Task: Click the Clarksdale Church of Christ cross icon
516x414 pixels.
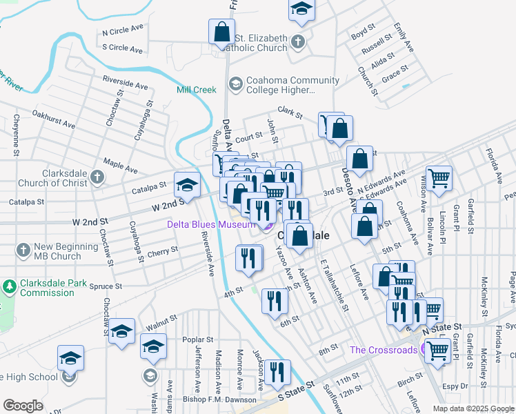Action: point(97,177)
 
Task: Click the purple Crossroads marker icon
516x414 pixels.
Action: point(428,350)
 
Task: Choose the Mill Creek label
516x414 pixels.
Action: point(197,90)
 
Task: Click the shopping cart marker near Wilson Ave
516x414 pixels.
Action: point(439,179)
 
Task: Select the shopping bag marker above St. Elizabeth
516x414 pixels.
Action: point(221,32)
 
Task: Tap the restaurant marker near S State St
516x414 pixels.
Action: point(277,373)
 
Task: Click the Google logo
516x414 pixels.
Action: point(23,406)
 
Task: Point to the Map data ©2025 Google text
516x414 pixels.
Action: point(473,408)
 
